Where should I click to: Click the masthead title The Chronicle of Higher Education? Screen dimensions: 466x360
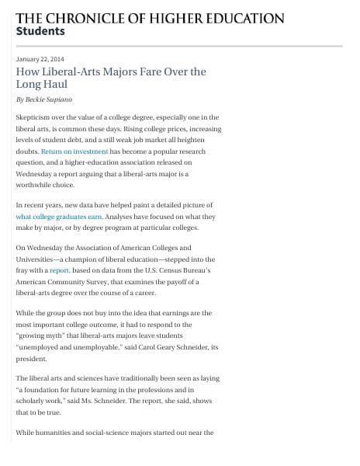[150, 18]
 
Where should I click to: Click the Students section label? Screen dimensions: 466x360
[40, 32]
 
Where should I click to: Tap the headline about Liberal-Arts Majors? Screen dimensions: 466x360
[110, 71]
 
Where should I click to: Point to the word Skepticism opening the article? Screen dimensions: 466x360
[35, 116]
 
